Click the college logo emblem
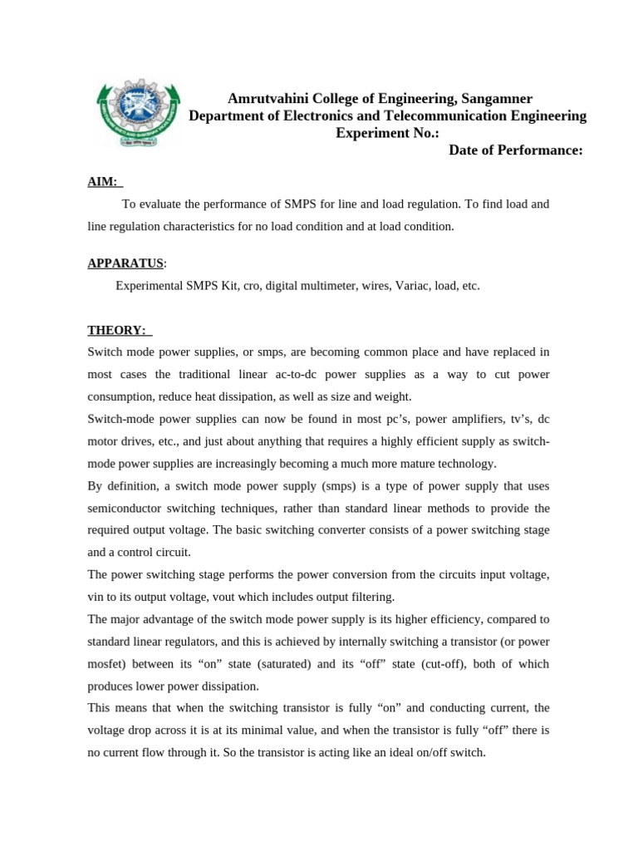138,115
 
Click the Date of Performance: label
515,150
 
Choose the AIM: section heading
104,181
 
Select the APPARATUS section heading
125,263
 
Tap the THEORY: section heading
117,330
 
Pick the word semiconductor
126,508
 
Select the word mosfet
106,664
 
